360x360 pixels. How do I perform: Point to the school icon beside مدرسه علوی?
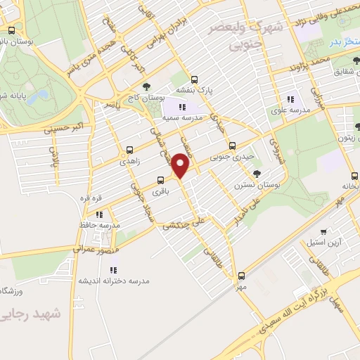tap(290, 100)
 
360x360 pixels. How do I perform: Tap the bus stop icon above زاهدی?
tap(129, 150)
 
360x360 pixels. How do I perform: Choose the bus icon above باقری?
tap(161, 179)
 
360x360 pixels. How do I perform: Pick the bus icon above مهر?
tap(242, 276)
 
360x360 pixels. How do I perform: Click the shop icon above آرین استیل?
tap(323, 231)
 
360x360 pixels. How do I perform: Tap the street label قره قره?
tap(92, 199)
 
